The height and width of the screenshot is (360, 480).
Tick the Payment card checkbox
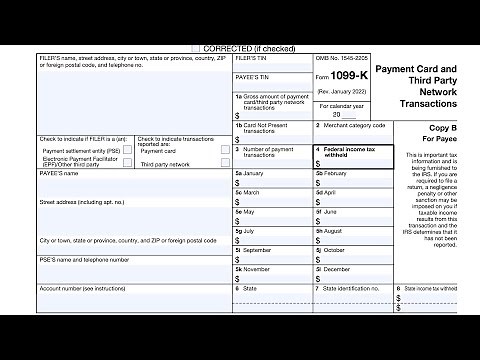click(x=225, y=151)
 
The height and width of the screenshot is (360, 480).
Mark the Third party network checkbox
click(x=225, y=164)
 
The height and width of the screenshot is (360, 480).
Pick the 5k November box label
click(x=252, y=270)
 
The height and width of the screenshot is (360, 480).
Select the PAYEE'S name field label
click(x=59, y=173)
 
